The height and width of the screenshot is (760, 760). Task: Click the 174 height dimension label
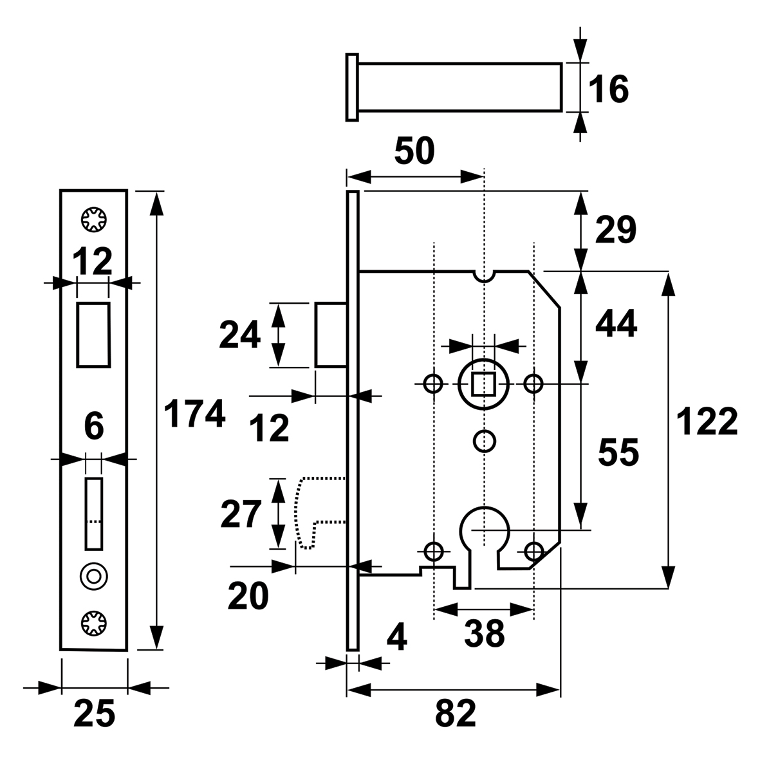point(194,414)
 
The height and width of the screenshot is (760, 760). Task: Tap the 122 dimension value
point(707,422)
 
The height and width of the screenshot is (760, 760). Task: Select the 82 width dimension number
point(456,714)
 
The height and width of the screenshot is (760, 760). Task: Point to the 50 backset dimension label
point(414,151)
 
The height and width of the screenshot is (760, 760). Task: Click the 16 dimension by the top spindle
point(608,89)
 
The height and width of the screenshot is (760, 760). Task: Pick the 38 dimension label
point(484,633)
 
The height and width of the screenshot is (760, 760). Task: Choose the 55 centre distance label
point(618,452)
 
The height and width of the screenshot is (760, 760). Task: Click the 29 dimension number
point(616,230)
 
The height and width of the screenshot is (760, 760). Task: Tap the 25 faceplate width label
point(95,713)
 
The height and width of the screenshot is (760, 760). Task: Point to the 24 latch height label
point(240,335)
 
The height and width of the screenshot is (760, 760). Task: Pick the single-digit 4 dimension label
point(397,637)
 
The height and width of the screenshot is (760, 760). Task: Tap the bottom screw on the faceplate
point(93,624)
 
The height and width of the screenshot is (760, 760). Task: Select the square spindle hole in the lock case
point(483,384)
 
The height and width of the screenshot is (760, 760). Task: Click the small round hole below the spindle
point(484,441)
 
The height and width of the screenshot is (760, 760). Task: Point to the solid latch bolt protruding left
point(331,335)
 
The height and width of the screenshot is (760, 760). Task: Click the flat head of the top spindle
point(353,88)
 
